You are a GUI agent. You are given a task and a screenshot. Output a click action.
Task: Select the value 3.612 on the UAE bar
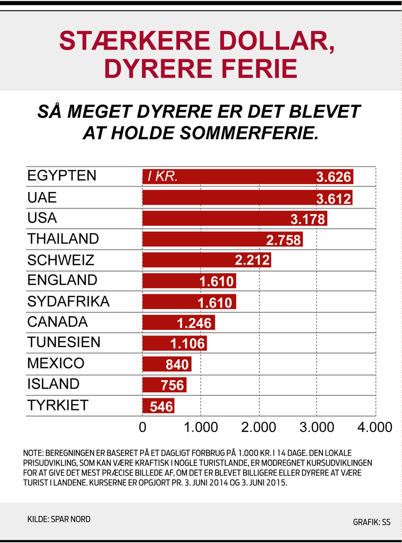pyautogui.click(x=333, y=198)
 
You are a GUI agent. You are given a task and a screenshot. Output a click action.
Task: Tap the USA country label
pyautogui.click(x=42, y=218)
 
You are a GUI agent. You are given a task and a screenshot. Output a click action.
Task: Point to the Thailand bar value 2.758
pyautogui.click(x=283, y=240)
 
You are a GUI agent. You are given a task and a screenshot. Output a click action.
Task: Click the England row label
pyautogui.click(x=62, y=280)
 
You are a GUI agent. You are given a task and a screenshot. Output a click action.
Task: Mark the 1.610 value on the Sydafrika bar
pyautogui.click(x=215, y=302)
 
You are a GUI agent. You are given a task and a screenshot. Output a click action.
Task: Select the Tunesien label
pyautogui.click(x=64, y=342)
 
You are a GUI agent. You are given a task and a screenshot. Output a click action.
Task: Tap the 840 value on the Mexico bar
pyautogui.click(x=177, y=364)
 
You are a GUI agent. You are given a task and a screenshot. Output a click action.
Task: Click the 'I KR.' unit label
pyautogui.click(x=162, y=177)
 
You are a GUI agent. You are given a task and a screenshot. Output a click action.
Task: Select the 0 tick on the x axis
pyautogui.click(x=142, y=427)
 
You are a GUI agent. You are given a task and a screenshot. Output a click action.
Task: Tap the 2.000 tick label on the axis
pyautogui.click(x=258, y=427)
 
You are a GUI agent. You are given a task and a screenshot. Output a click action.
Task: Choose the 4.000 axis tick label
pyautogui.click(x=374, y=427)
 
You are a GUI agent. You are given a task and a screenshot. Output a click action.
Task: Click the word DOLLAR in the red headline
pyautogui.click(x=276, y=41)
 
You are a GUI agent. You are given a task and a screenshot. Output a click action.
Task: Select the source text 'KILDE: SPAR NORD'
pyautogui.click(x=59, y=519)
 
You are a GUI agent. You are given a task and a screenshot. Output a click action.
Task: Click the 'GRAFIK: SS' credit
pyautogui.click(x=371, y=522)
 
